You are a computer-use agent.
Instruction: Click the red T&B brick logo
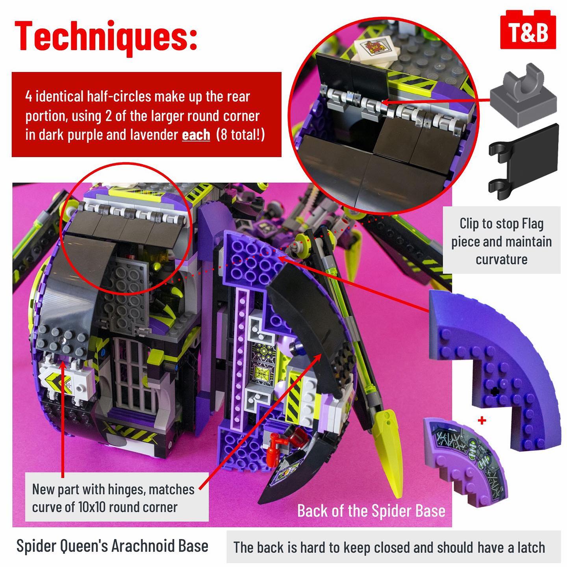point(528,30)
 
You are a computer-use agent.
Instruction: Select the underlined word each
point(196,135)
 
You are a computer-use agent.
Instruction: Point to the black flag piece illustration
point(523,162)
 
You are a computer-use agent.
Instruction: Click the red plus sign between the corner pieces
point(482,421)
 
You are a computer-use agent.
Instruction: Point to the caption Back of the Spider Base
point(371,511)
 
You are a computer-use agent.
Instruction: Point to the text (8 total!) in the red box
point(240,135)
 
